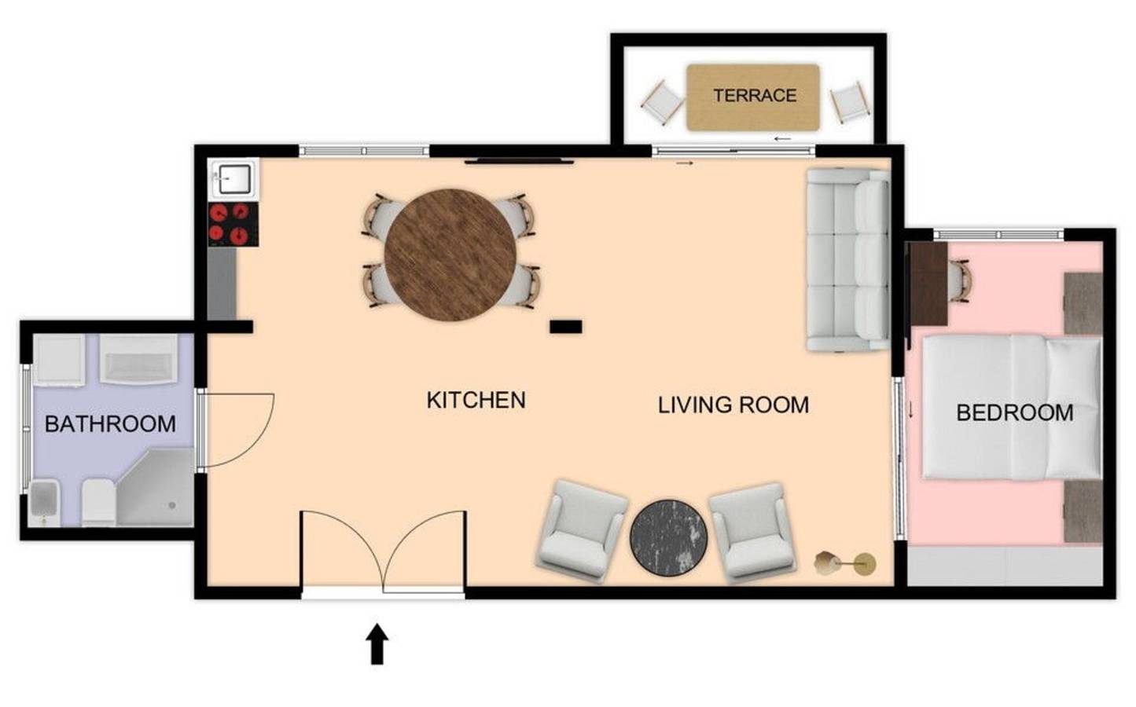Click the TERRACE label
[754, 96]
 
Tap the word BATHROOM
[110, 424]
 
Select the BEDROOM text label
[1014, 412]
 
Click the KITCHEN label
[476, 400]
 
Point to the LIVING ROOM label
[733, 405]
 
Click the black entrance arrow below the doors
[377, 643]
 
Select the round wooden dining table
[450, 255]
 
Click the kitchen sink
[233, 179]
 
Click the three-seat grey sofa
[847, 259]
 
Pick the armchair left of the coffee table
[582, 531]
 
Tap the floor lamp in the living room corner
[845, 562]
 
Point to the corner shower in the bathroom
[157, 491]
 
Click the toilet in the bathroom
[98, 503]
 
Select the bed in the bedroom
[1010, 407]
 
